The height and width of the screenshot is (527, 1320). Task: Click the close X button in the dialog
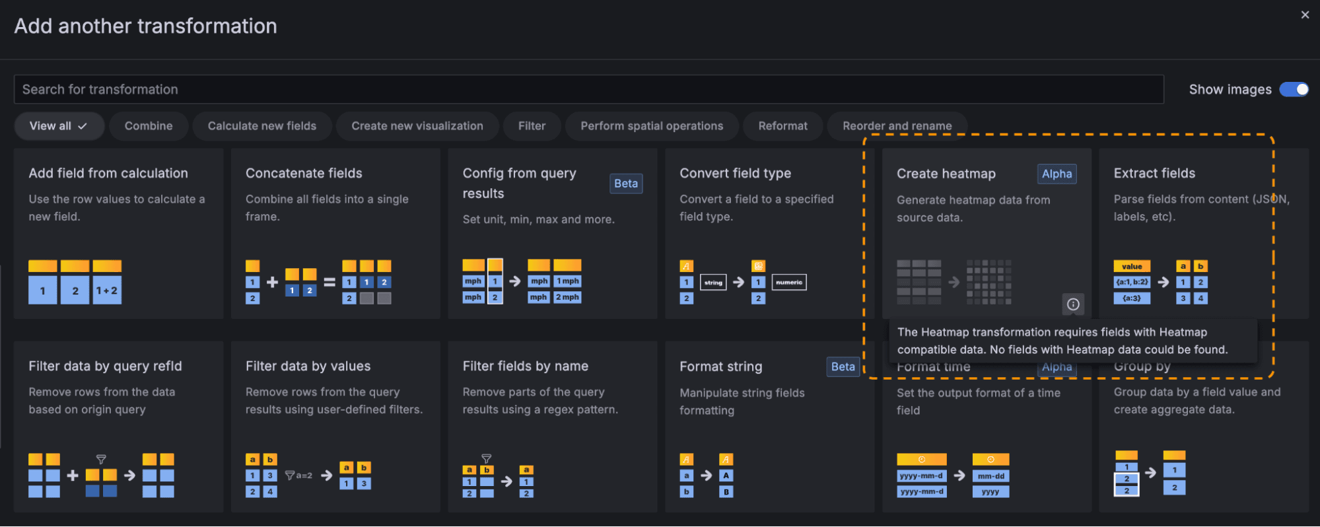tap(1305, 15)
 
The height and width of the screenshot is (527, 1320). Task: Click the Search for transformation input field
tap(588, 89)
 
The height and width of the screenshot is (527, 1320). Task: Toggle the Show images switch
tap(1294, 89)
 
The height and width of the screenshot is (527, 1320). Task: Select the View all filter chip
tap(59, 125)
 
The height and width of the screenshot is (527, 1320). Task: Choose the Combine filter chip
tap(149, 125)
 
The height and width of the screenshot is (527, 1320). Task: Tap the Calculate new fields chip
tap(261, 125)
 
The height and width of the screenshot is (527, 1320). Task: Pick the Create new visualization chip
tap(417, 125)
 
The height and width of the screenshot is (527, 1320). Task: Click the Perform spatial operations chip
tap(651, 125)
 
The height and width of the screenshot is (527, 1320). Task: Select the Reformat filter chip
tap(782, 125)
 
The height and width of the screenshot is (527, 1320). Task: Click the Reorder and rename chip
tap(897, 125)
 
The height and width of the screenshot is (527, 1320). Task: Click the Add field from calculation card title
tap(108, 173)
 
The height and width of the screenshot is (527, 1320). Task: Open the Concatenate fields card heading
tap(304, 173)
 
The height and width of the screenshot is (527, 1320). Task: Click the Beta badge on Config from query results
tap(625, 184)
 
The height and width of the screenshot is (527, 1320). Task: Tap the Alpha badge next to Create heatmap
tap(1057, 174)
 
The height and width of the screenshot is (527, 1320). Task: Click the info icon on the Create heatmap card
tap(1073, 304)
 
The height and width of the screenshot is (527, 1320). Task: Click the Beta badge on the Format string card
tap(843, 367)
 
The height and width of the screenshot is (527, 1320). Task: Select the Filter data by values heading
tap(308, 366)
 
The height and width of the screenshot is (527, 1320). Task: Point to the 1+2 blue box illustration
tap(107, 291)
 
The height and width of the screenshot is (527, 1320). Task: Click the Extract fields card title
tap(1154, 173)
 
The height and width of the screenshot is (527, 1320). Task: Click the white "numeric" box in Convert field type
tap(789, 282)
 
